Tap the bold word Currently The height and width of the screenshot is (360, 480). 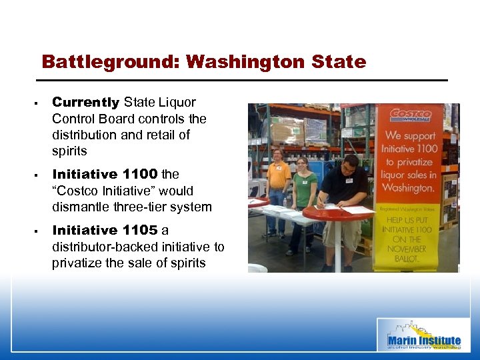pyautogui.click(x=85, y=103)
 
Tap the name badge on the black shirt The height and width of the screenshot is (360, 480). pyautogui.click(x=349, y=181)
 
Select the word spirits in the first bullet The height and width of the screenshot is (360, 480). pyautogui.click(x=69, y=151)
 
